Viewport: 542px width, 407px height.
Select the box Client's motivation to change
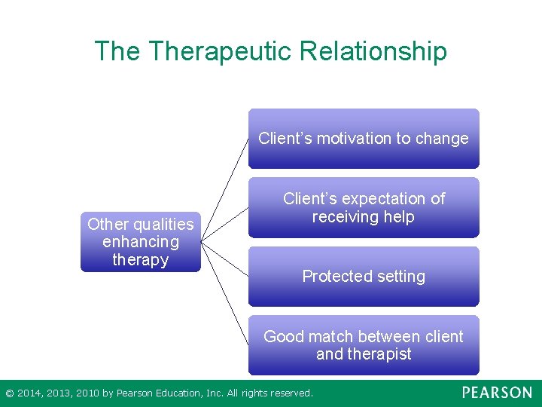point(364,139)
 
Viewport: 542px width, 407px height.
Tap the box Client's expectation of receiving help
point(364,208)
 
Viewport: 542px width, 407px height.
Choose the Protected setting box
point(364,277)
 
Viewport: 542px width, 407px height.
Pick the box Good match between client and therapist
point(364,345)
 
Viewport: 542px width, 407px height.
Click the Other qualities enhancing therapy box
point(141,242)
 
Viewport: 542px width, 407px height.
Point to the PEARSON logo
point(497,393)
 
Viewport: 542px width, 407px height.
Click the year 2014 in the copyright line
point(29,393)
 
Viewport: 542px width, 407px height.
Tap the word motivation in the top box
point(345,139)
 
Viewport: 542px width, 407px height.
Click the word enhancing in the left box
point(141,242)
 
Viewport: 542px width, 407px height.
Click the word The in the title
point(117,51)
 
